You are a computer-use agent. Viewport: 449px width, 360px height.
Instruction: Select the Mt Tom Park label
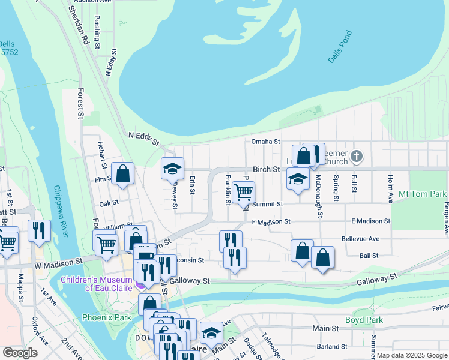tap(423, 194)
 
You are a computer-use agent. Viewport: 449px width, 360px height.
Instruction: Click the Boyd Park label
tap(367, 320)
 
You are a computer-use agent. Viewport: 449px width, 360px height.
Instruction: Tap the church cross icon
tap(357, 157)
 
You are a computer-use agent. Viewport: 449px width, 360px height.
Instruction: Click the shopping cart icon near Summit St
tap(243, 193)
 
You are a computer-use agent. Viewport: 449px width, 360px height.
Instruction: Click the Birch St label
tap(267, 169)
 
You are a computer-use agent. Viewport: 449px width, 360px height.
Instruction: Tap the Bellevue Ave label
tap(360, 239)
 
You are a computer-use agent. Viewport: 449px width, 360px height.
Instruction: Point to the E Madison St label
tap(271, 221)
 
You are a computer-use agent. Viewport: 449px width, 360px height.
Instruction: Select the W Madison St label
tap(58, 263)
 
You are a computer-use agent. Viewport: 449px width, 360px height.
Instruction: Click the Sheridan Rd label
tap(79, 28)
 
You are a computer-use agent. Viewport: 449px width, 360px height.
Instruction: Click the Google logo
tap(20, 353)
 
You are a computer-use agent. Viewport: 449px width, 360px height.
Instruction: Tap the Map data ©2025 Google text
tap(412, 355)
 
